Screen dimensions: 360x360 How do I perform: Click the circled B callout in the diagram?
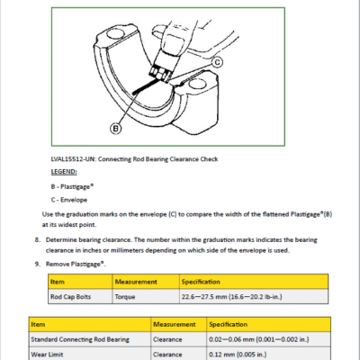[x=116, y=129]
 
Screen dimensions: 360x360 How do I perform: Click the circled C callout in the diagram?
[x=217, y=62]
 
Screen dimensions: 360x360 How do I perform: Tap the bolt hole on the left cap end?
[x=116, y=34]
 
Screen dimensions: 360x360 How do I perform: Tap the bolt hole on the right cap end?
[x=198, y=84]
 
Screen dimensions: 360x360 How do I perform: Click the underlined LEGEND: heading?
[x=64, y=172]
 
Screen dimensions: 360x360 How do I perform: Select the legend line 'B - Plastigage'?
[x=72, y=186]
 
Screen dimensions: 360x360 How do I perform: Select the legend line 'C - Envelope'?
[x=69, y=200]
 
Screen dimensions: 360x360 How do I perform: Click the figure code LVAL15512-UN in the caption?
[x=73, y=159]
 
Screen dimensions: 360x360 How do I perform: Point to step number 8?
[x=37, y=239]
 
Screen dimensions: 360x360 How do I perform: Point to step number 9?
[x=37, y=264]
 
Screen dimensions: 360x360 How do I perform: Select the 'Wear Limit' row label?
[x=47, y=355]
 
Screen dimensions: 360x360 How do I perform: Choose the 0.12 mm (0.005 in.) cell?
[x=238, y=355]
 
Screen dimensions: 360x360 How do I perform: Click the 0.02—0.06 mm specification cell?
[x=259, y=339]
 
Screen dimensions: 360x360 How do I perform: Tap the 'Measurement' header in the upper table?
[x=136, y=282]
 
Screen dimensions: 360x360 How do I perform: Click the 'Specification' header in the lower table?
[x=229, y=324]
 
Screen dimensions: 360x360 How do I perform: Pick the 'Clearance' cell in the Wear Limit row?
[x=167, y=355]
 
